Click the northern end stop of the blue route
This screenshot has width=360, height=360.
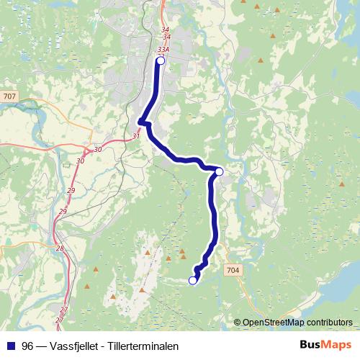(x=161, y=61)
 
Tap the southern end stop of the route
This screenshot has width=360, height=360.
(x=192, y=280)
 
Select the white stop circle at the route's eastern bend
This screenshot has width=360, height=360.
(x=219, y=171)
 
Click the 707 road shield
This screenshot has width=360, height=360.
(x=9, y=96)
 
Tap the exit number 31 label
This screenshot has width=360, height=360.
(x=137, y=135)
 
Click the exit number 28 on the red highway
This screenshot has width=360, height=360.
(x=60, y=248)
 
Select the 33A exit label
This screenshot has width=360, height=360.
(x=163, y=49)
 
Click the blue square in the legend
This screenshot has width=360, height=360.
(x=9, y=346)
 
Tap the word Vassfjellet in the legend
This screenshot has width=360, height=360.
(x=73, y=346)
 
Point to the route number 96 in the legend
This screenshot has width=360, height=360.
(x=27, y=346)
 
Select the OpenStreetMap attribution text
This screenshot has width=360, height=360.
(x=297, y=322)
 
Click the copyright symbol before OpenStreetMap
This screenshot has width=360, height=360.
(x=237, y=322)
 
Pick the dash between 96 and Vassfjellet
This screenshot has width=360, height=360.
(x=41, y=346)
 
